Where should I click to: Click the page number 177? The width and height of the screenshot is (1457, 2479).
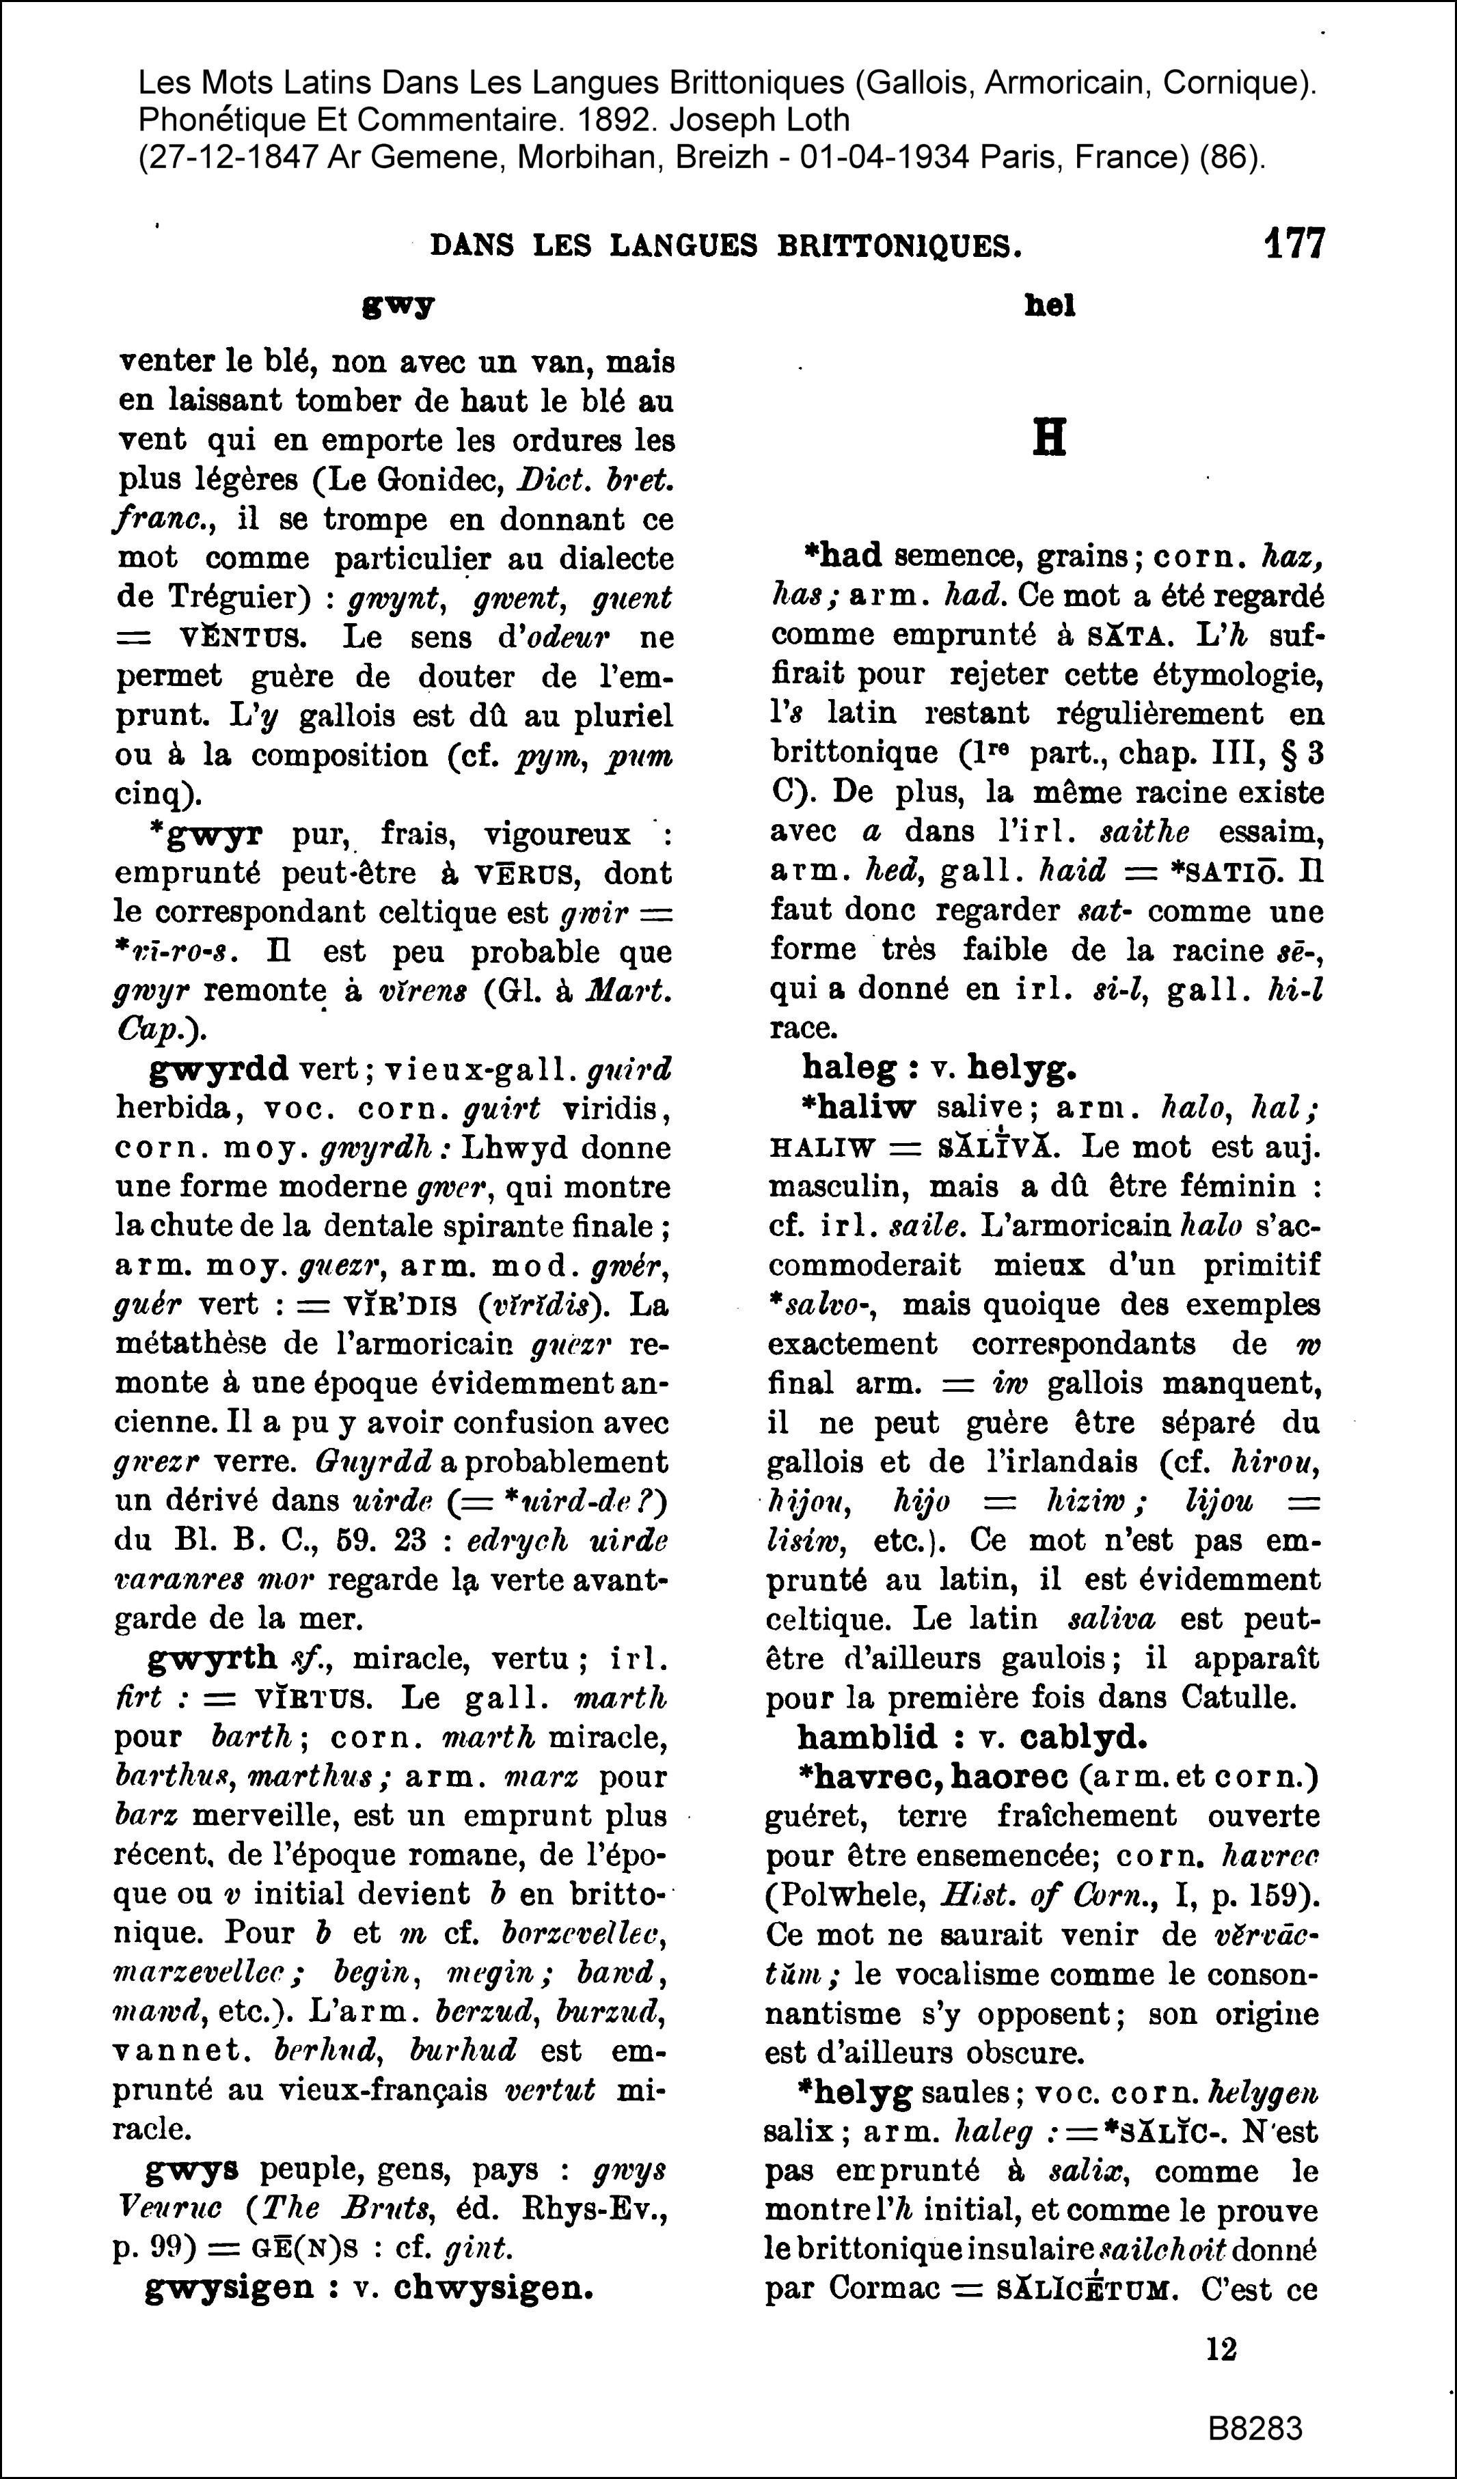(1294, 243)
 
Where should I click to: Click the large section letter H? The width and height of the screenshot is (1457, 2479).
(1050, 439)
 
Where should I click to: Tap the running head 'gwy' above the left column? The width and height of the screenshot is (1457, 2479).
(398, 306)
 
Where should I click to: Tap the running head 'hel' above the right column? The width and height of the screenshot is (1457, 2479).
(1050, 306)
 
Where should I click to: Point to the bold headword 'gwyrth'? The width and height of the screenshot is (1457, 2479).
(213, 1658)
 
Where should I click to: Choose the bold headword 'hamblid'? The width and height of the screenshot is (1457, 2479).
(867, 1736)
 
